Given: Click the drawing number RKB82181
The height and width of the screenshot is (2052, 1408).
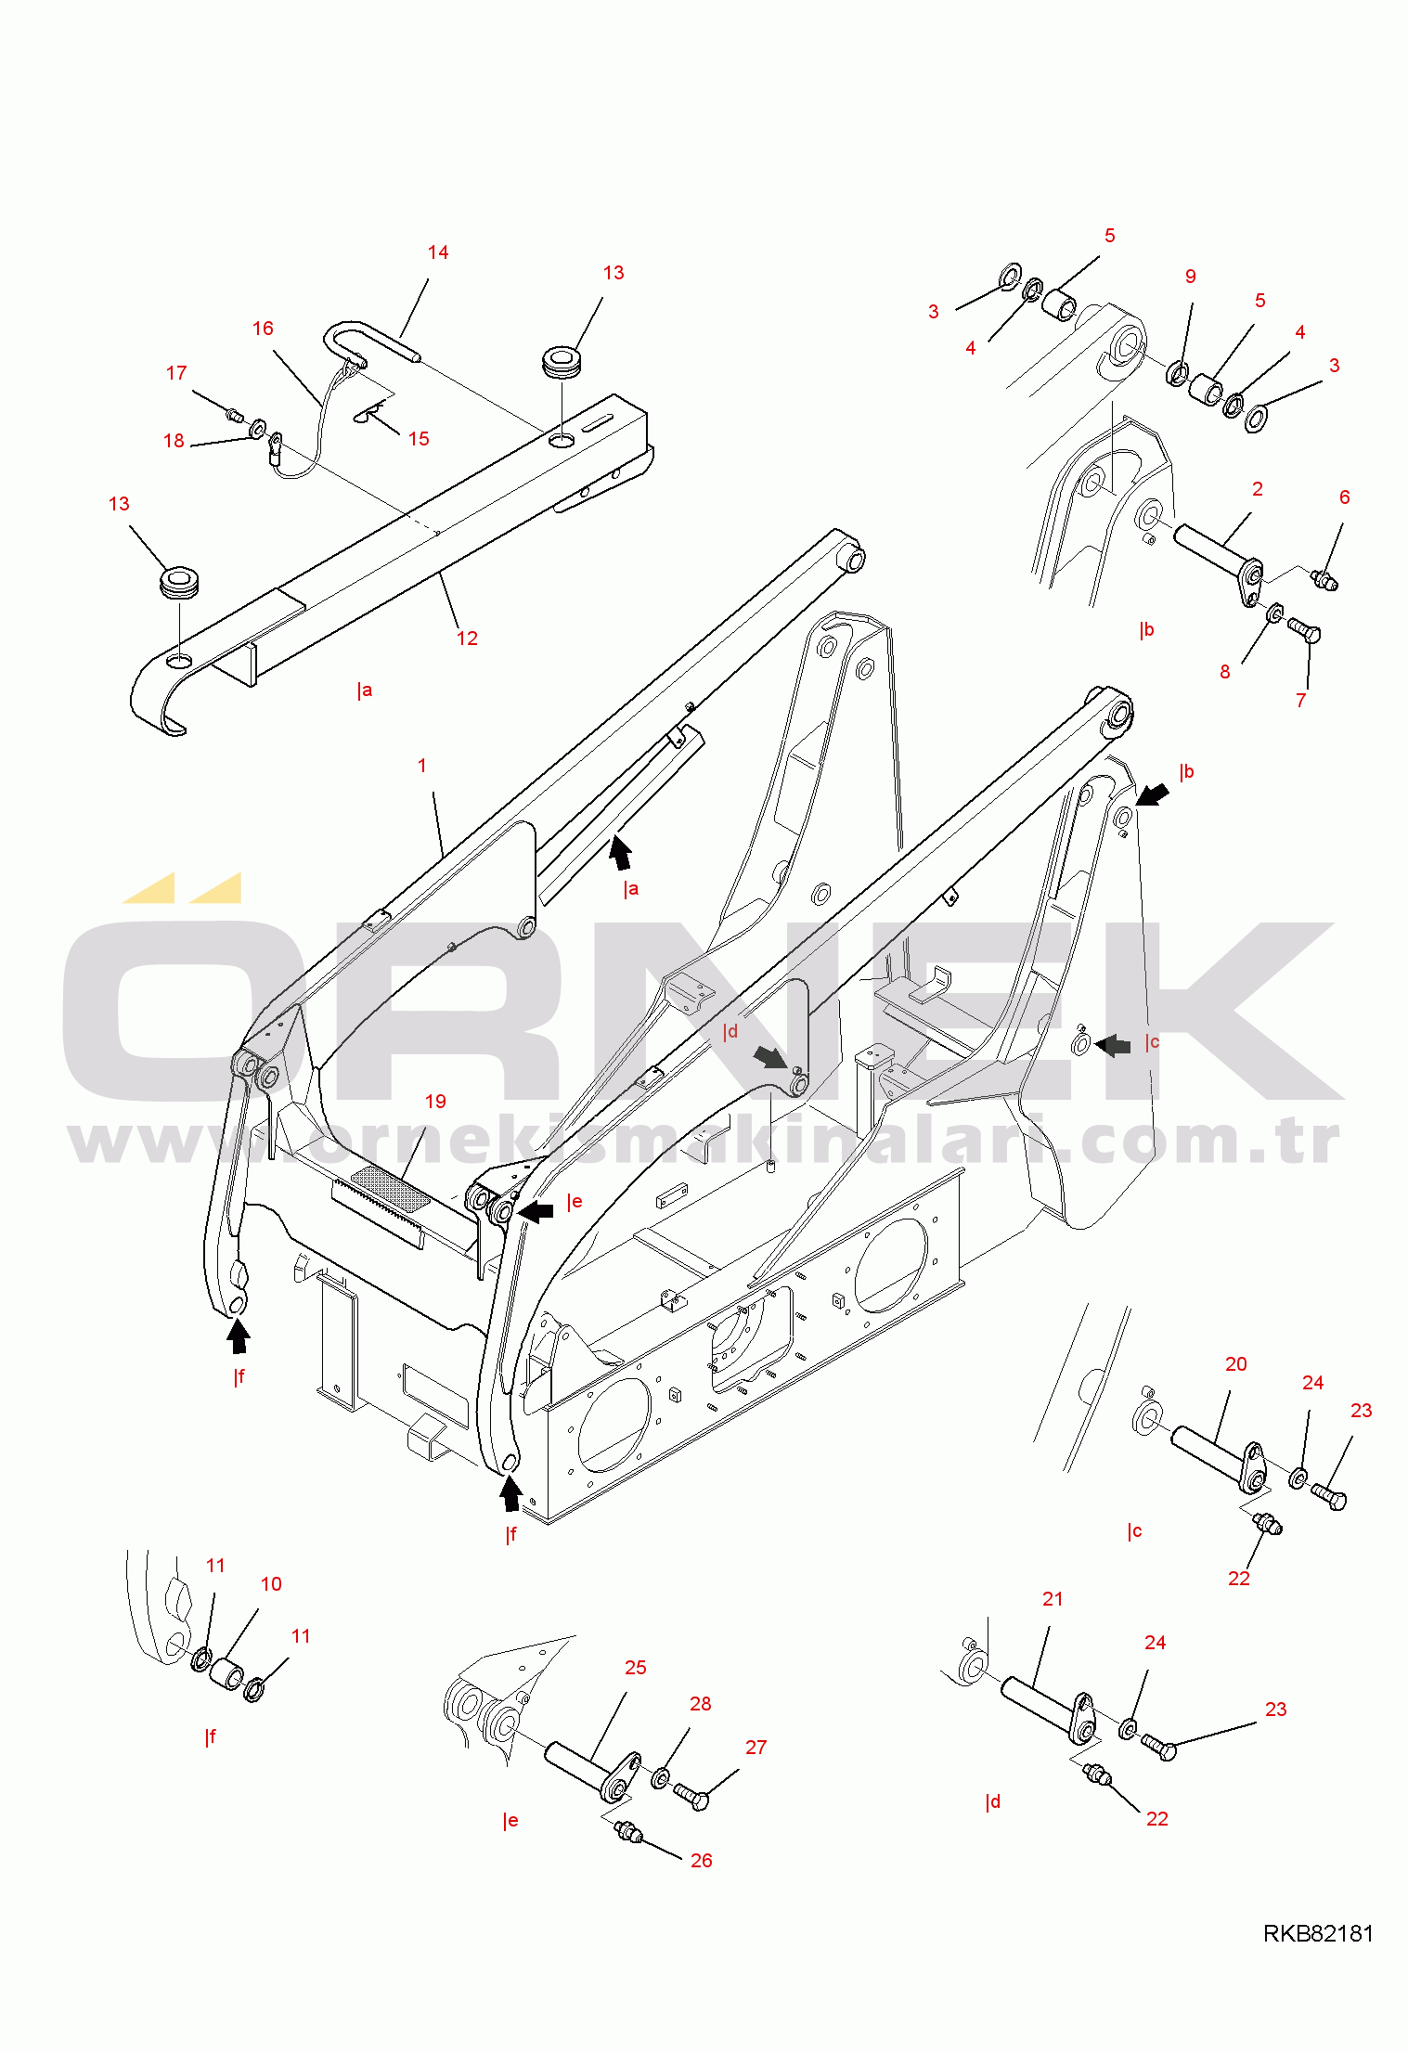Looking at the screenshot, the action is point(1318,1933).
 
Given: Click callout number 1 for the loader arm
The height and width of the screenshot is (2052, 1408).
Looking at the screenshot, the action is point(422,766).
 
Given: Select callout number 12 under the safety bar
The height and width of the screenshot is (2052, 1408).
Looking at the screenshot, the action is point(467,639).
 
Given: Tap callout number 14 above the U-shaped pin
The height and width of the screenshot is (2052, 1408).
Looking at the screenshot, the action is point(438,252).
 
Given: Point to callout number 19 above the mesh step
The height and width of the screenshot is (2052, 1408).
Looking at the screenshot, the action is point(435,1102).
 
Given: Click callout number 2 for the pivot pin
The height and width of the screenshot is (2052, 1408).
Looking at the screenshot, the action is point(1258,489).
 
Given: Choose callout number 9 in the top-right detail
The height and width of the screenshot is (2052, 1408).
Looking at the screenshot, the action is point(1191,277).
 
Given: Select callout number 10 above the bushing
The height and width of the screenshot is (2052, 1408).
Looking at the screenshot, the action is point(271,1584).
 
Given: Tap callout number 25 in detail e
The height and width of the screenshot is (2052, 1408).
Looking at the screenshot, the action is point(636,1668).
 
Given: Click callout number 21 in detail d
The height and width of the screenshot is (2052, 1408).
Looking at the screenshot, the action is point(1053,1599).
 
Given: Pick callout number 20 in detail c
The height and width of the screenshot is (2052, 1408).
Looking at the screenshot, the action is point(1236,1364).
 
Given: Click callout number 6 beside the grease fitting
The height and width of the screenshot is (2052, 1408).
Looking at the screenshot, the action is point(1345,497).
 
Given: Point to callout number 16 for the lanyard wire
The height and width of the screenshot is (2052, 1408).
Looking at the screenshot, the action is point(263,329).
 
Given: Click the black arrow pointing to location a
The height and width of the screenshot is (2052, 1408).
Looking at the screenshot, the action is point(620,852).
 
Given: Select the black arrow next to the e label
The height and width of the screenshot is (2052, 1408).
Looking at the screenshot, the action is point(535,1211).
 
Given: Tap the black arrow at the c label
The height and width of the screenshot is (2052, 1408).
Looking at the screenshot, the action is point(1113,1046).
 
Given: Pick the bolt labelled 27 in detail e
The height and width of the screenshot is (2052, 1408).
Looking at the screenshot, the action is point(691,1796).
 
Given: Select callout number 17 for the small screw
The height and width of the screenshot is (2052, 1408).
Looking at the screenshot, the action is point(176,373).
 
